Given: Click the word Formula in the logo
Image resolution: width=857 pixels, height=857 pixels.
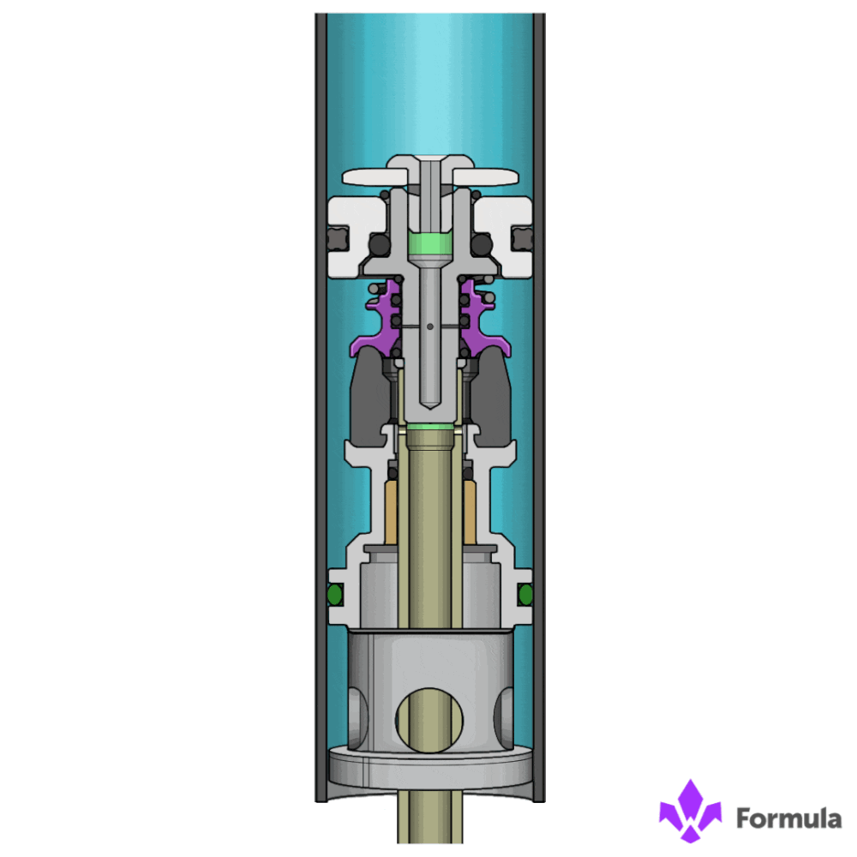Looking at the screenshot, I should click(x=788, y=818).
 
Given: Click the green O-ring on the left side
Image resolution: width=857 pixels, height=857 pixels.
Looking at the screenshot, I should click(x=333, y=594).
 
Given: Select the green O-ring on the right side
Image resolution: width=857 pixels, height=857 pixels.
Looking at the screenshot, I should click(x=525, y=594).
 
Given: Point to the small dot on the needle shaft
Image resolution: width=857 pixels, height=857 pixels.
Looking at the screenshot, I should click(x=429, y=326).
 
